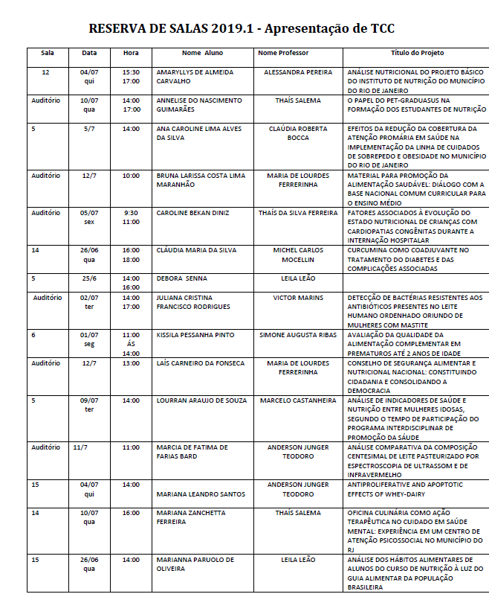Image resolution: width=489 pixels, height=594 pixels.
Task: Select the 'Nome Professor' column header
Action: [x=283, y=54]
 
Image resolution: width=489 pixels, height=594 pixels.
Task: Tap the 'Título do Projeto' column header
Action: [x=418, y=54]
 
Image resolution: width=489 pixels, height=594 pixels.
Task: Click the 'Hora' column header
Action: [x=131, y=54]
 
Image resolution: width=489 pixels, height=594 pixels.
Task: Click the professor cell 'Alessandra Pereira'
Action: [x=298, y=72]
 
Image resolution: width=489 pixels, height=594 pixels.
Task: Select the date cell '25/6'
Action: [x=89, y=278]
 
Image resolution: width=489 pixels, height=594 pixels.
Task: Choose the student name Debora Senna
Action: [x=181, y=278]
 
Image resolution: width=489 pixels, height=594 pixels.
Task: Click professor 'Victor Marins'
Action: [x=298, y=298]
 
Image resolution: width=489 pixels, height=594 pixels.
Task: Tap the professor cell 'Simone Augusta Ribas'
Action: [x=298, y=335]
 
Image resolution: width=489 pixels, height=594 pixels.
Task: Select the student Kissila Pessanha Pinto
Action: [x=195, y=335]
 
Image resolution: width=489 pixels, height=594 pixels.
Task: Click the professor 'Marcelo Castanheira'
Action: [x=298, y=400]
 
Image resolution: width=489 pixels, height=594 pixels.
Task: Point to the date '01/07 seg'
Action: [x=89, y=339]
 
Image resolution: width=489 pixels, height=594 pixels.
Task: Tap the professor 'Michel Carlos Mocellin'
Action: [x=298, y=255]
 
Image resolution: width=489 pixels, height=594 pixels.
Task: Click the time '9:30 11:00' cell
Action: [x=131, y=217]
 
